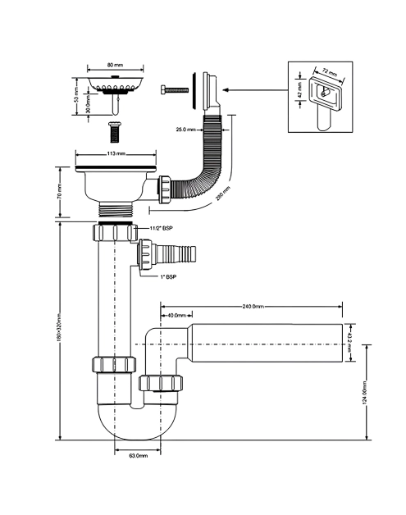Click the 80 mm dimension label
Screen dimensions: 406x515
[x=115, y=65]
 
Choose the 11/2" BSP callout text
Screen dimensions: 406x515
[x=161, y=228]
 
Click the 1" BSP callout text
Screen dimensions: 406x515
[x=168, y=277]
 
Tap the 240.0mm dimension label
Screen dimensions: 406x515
[x=253, y=307]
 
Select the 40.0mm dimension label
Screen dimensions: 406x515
[x=177, y=315]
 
